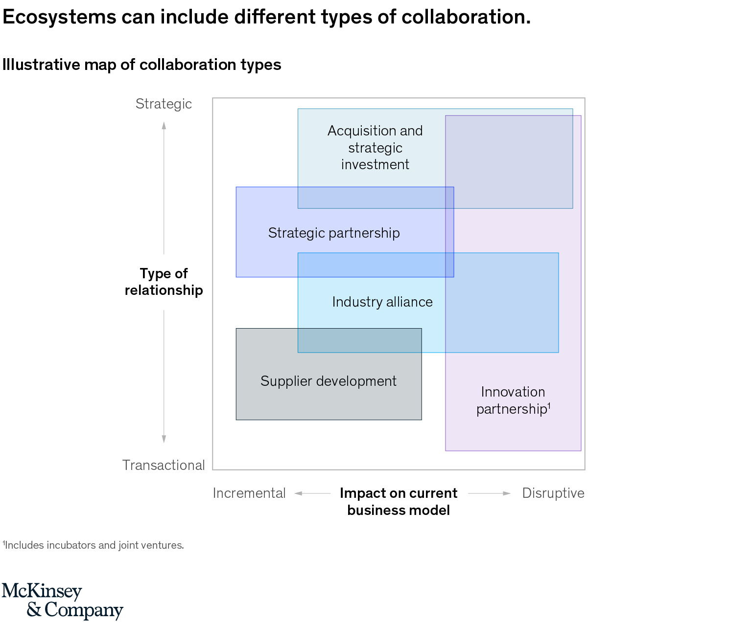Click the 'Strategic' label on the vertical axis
[164, 104]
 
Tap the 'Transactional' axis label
[164, 465]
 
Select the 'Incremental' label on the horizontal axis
[249, 493]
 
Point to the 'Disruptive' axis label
[553, 493]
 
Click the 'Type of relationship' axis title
[164, 282]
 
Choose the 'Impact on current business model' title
[399, 501]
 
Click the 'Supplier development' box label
[329, 381]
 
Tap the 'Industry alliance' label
[382, 302]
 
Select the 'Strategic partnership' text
[334, 233]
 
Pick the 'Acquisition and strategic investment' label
[375, 148]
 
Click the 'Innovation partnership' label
[513, 400]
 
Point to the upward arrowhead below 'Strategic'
[164, 125]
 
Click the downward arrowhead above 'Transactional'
[164, 439]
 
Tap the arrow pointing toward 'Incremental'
[299, 493]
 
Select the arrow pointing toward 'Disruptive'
[507, 493]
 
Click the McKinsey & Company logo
[62, 601]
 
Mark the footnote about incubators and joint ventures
[94, 545]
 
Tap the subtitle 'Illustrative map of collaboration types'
[142, 65]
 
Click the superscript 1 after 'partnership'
[549, 405]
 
